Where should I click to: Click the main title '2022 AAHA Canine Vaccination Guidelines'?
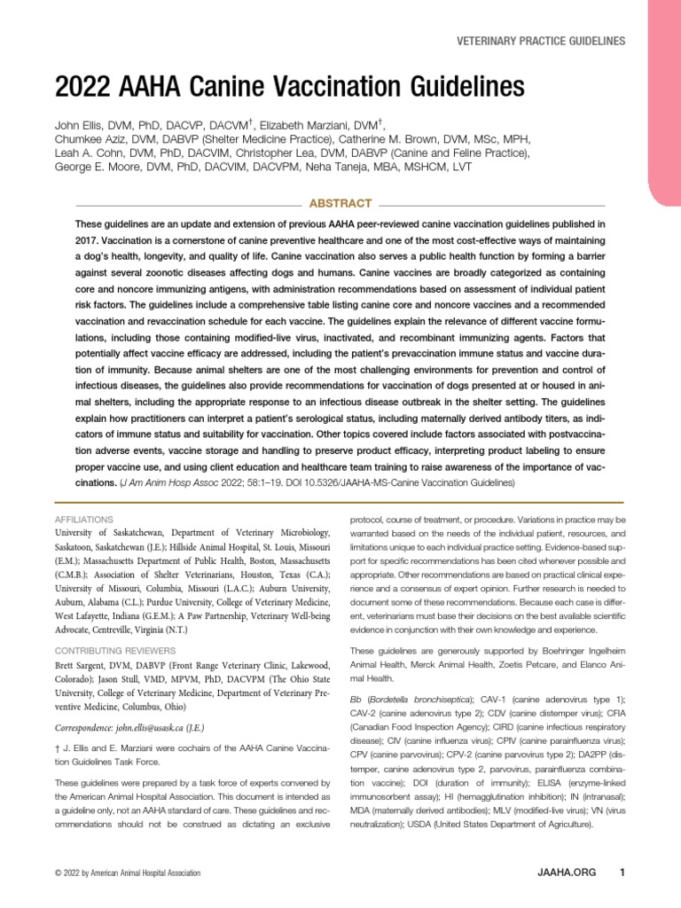289,87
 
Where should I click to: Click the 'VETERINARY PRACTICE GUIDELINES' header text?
540,41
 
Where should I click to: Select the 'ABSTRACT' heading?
339,203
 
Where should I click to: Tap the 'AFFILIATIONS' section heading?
84,518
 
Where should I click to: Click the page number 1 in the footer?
622,873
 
